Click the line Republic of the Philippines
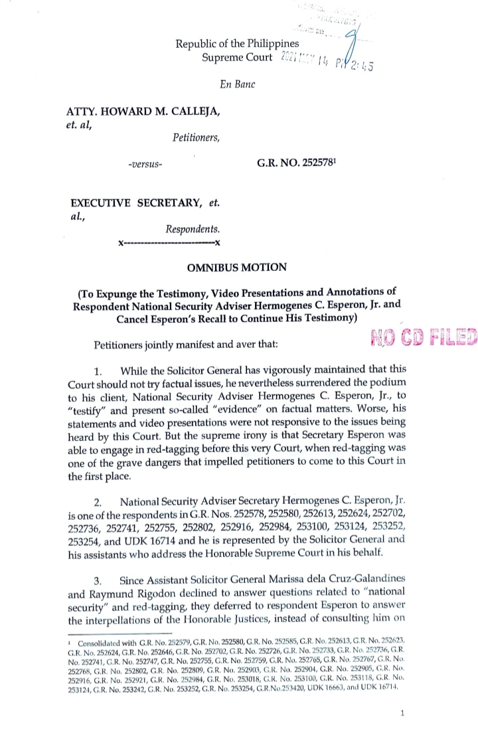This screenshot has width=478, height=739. pos(238,44)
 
